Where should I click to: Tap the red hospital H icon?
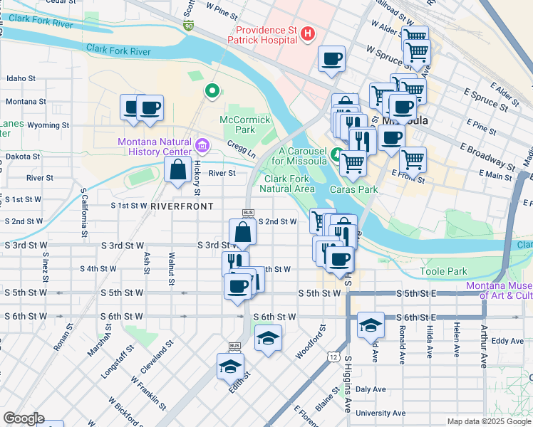tap(308, 33)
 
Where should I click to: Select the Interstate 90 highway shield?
tap(188, 26)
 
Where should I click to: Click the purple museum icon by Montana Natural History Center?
tap(202, 146)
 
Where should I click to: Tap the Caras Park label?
tap(353, 190)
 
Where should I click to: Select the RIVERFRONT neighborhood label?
tap(182, 206)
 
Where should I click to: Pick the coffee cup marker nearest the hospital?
tap(331, 59)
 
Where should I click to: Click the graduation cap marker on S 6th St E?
tap(371, 325)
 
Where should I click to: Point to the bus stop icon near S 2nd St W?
tap(248, 212)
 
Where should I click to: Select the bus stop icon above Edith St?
tap(234, 347)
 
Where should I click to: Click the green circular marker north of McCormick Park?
tap(212, 90)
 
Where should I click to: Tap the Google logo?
tap(24, 418)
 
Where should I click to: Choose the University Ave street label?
tap(381, 413)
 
